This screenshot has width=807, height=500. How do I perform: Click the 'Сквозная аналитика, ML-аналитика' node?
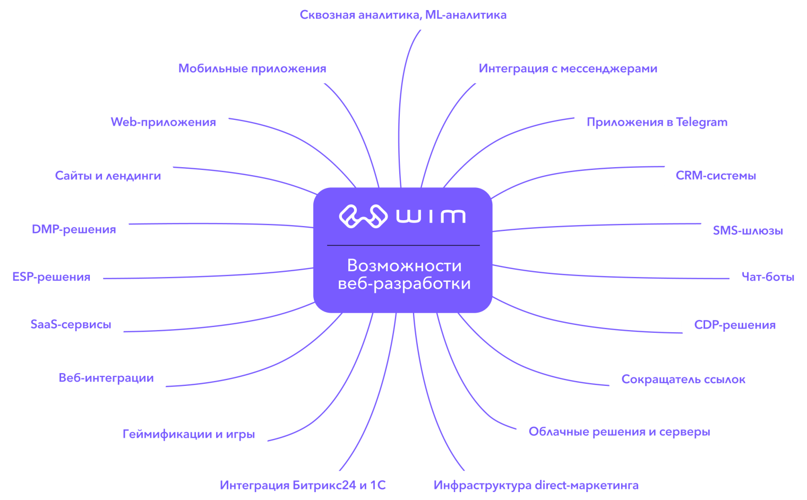pyautogui.click(x=403, y=15)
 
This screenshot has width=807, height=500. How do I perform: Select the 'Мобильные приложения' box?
pyautogui.click(x=252, y=68)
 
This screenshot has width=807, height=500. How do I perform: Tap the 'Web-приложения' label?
pyautogui.click(x=163, y=122)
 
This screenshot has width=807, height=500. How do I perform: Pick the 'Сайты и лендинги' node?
pyautogui.click(x=108, y=176)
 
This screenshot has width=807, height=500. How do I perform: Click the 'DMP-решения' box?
pyautogui.click(x=74, y=229)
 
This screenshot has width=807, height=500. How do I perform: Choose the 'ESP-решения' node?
pyautogui.click(x=51, y=277)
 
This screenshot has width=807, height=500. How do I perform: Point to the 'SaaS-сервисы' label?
pyautogui.click(x=71, y=324)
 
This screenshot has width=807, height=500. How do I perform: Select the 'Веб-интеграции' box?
pyautogui.click(x=106, y=378)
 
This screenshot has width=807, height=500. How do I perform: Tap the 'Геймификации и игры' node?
pyautogui.click(x=188, y=434)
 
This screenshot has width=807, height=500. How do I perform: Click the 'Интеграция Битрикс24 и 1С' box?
pyautogui.click(x=303, y=485)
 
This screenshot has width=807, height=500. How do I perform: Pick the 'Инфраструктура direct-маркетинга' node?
pyautogui.click(x=536, y=485)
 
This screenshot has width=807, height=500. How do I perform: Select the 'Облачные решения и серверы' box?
pyautogui.click(x=619, y=432)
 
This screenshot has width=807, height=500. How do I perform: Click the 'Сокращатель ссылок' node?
pyautogui.click(x=683, y=380)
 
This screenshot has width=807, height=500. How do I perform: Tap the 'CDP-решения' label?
pyautogui.click(x=735, y=325)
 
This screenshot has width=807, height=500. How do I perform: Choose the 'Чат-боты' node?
pyautogui.click(x=768, y=277)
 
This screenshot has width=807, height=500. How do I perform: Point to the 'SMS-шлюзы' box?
pyautogui.click(x=748, y=230)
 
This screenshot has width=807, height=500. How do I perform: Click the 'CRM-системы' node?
pyautogui.click(x=716, y=176)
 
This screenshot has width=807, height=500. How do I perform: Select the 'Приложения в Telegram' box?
pyautogui.click(x=657, y=122)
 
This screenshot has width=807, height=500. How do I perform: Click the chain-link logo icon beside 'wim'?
pyautogui.click(x=363, y=216)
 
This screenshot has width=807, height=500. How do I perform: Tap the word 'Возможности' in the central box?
pyautogui.click(x=404, y=265)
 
